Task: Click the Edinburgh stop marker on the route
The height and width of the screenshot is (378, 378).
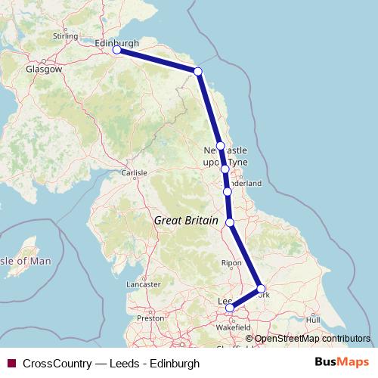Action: point(116,50)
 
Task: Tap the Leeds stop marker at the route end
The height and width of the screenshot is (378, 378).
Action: point(230,308)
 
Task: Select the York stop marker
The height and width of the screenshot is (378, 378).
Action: point(261,289)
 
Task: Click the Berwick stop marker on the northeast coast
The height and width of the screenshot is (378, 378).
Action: point(198,71)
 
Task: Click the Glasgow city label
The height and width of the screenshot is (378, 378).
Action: point(44,69)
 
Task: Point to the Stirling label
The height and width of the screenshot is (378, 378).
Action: point(67,36)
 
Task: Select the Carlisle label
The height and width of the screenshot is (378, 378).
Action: point(134,173)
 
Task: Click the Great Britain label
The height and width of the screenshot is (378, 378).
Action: point(185,222)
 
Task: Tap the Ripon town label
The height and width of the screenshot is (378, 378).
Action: point(231,262)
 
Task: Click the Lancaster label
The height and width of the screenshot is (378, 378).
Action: point(144,284)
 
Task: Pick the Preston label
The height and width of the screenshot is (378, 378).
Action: point(151,318)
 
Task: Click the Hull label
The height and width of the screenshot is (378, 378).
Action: point(313,320)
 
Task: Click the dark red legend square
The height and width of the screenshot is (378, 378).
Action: point(11,364)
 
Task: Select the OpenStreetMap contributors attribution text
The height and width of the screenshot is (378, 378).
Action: point(311,339)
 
